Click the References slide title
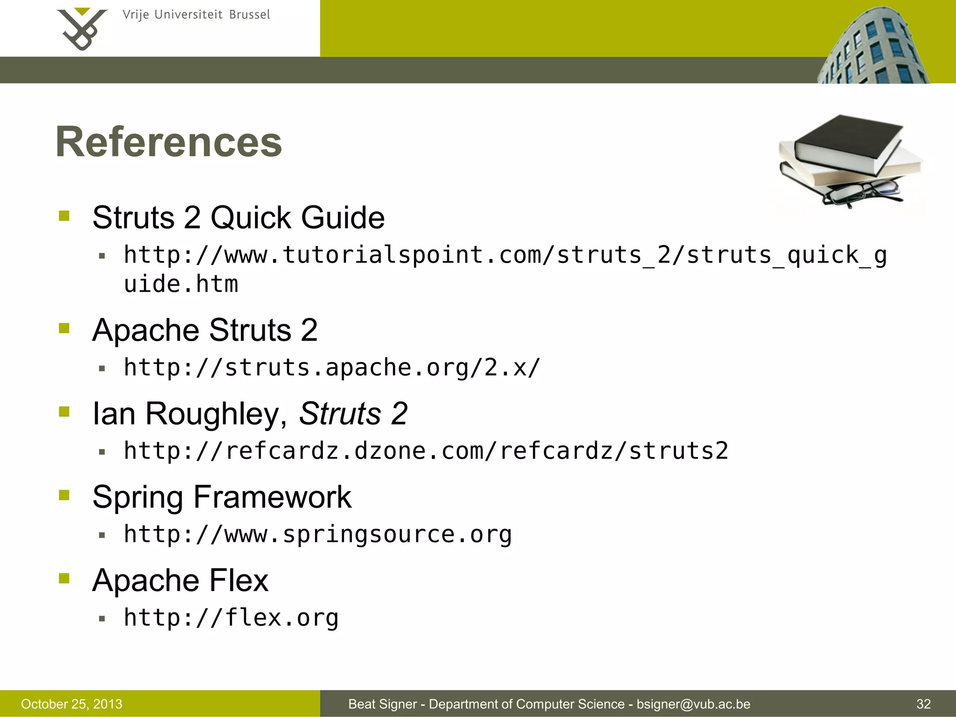169,142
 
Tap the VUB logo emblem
82,29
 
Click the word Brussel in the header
250,15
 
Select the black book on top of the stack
847,140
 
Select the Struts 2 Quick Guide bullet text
239,218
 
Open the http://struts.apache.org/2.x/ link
332,368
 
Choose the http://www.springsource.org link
317,534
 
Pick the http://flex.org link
231,618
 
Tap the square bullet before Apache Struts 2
64,328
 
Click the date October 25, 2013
71,704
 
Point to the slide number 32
923,704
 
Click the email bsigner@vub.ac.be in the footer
693,704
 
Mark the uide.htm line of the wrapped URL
181,284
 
